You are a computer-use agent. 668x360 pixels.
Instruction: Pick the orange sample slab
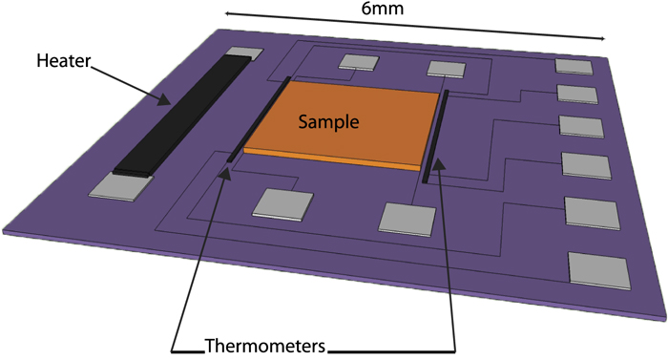click(344, 124)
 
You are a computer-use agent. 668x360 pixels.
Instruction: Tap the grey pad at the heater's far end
click(240, 55)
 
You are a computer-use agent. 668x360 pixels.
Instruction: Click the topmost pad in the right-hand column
click(574, 66)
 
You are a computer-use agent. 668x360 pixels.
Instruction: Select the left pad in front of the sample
click(283, 204)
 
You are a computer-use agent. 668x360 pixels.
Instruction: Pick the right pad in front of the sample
click(407, 217)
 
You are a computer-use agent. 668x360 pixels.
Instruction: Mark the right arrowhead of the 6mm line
click(603, 37)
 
